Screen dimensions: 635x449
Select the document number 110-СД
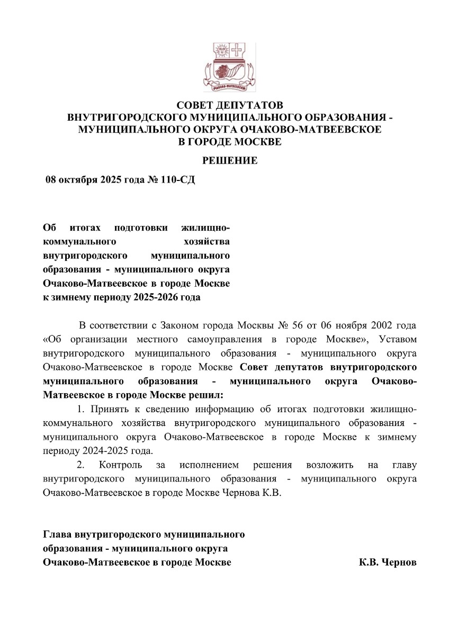pyautogui.click(x=178, y=180)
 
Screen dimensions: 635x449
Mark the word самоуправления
pyautogui.click(x=240, y=338)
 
